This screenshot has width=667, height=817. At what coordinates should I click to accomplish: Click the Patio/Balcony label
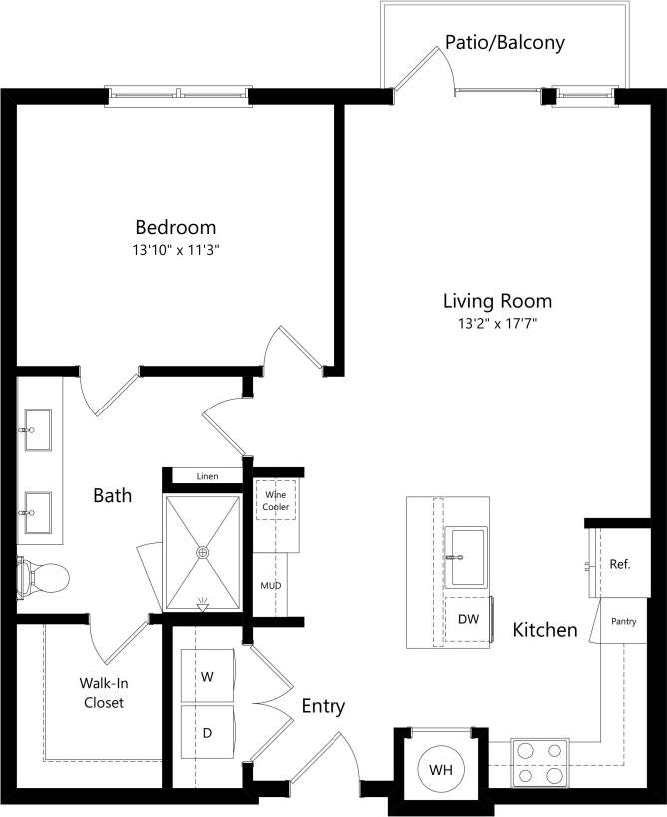tap(505, 43)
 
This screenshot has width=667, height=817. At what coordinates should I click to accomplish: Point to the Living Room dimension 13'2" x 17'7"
tap(497, 323)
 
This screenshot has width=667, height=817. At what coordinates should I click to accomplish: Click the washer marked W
tap(208, 676)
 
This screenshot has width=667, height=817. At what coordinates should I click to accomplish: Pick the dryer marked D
tap(208, 733)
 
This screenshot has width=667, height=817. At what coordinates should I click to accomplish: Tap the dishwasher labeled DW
tap(468, 619)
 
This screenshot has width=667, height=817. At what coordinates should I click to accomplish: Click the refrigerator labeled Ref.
tap(619, 564)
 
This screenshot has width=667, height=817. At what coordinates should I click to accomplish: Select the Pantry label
tap(623, 621)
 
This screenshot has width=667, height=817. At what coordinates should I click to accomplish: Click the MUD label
tap(270, 586)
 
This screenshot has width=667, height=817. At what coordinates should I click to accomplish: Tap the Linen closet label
tap(207, 476)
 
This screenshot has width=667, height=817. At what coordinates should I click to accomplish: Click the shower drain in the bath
tap(203, 550)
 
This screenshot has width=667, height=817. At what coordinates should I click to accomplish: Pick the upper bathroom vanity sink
tap(39, 427)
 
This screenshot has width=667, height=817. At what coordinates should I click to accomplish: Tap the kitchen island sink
tap(466, 556)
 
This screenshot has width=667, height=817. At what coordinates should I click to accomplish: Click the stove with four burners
tap(540, 763)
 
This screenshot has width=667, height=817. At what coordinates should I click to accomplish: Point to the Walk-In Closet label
tap(104, 693)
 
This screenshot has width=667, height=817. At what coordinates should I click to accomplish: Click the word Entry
tap(324, 707)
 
